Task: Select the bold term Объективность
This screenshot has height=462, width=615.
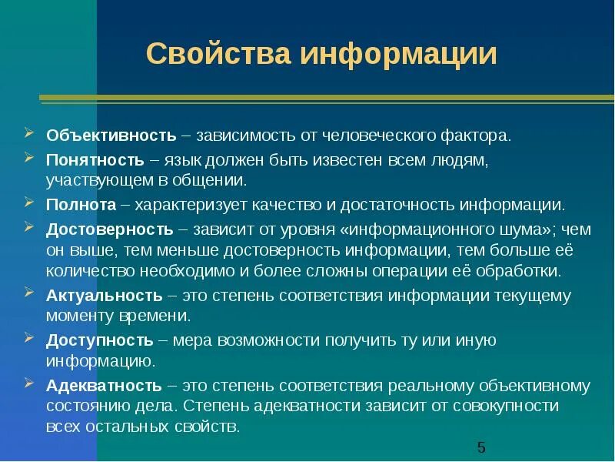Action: (x=111, y=136)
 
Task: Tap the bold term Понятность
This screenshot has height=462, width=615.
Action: (x=95, y=159)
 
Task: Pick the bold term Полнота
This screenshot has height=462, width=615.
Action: (x=81, y=205)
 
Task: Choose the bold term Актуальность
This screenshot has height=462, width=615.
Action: (x=104, y=296)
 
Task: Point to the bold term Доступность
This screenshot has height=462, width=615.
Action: (x=100, y=340)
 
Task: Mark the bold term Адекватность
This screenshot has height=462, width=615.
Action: (x=104, y=385)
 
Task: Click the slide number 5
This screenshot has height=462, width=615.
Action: (x=481, y=447)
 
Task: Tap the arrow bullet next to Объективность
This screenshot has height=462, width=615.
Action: (x=28, y=134)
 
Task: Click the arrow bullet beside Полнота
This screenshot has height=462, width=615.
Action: (x=28, y=203)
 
